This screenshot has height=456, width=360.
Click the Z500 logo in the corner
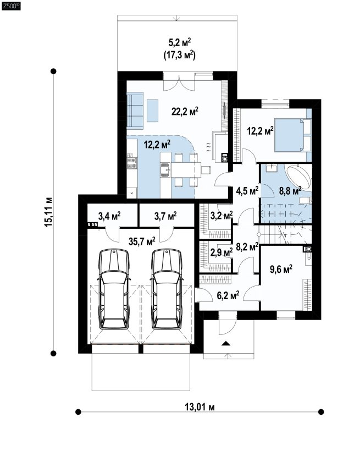coord(11,6)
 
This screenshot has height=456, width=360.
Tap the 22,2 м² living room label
coord(185,111)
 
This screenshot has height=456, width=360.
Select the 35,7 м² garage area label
coord(142,241)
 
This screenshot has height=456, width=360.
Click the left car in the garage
coord(114,289)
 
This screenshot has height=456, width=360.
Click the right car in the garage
coord(167,289)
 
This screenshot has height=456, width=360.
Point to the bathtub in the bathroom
coord(298,178)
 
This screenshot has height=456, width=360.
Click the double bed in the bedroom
coord(292,135)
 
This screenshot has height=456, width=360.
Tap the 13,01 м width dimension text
coord(200,407)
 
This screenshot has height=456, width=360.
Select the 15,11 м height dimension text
coord(48,212)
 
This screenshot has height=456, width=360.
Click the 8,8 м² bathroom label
coord(290,191)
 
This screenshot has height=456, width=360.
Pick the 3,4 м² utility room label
coord(109,216)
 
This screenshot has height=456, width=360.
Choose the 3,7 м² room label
coord(165,216)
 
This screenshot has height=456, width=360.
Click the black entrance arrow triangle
coord(225,343)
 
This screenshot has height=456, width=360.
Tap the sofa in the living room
coord(135,111)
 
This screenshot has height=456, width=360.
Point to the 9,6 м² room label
coord(281,269)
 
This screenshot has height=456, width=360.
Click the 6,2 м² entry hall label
coord(228,295)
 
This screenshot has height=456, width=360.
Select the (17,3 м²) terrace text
coord(179,54)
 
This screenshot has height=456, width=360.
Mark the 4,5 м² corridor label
coord(247,191)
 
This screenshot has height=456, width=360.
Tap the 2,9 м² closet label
coord(221,252)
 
